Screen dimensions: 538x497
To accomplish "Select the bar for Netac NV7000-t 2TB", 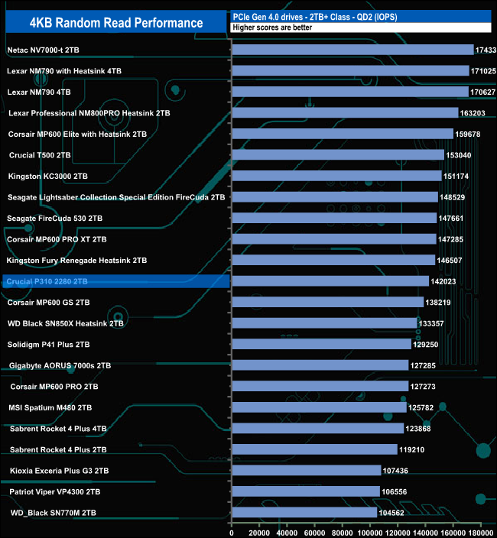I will point(352,50).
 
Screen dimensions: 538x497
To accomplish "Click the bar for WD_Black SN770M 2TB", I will point(304,512).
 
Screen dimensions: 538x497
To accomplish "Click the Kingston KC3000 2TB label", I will point(47,176).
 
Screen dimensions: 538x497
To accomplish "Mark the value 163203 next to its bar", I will point(475,113).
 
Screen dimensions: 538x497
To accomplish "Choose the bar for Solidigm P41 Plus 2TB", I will point(321,344).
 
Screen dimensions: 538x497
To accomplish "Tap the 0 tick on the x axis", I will point(232,527).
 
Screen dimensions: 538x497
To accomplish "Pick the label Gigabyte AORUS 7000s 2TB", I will point(60,365).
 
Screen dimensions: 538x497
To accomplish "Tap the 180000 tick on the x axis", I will point(481,527).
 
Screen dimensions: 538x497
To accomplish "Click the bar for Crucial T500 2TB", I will point(337,155).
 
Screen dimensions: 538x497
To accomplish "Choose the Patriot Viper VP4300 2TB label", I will point(55,491).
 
